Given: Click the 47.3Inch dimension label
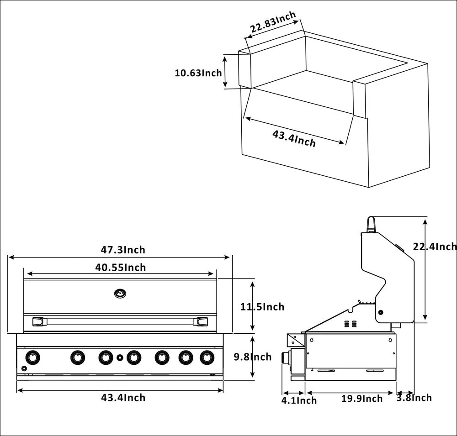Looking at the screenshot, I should pos(123,250).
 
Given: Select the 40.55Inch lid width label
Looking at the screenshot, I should pos(121,267).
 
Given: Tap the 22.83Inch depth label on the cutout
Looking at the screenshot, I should pos(273,22).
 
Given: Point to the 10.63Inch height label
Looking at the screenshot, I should pos(198,73).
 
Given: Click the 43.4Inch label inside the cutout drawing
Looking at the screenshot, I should pos(294,138).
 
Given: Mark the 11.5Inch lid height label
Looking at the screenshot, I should pos(262,307).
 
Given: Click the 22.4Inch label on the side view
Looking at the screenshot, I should pos(435,247).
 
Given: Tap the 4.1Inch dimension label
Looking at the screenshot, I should pos(299,401).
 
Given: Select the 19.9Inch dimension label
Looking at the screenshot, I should pos(362,399).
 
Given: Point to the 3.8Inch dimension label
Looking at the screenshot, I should pos(414,398).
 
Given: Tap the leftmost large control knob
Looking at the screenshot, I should pos(32,357).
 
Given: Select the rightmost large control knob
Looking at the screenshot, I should pos(207,357).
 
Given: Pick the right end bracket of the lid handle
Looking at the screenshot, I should pos(202,322).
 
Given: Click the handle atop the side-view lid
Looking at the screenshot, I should pos(372,224).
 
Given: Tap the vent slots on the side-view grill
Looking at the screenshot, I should pos(350,324).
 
